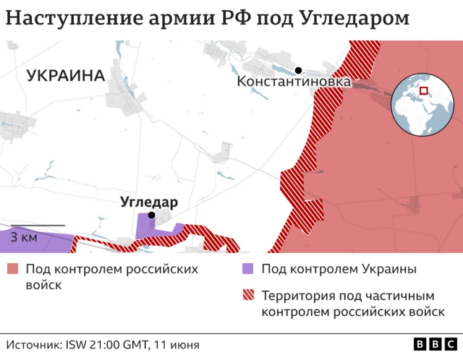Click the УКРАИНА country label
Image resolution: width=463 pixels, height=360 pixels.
(65, 75)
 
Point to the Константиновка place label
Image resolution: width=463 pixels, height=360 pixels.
(294, 82)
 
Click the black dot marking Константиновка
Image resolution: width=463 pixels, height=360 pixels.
(298, 70)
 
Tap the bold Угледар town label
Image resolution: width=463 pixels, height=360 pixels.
(149, 202)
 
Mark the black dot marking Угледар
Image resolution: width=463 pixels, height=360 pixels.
(151, 215)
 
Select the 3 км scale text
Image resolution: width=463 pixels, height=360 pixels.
(25, 236)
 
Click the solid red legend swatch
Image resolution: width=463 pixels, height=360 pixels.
(12, 270)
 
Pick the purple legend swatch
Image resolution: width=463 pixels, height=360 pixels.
(247, 270)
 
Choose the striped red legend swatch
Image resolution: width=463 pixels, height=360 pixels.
(247, 296)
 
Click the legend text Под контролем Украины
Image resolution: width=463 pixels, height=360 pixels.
(339, 270)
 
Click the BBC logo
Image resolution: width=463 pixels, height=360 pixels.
(434, 345)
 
